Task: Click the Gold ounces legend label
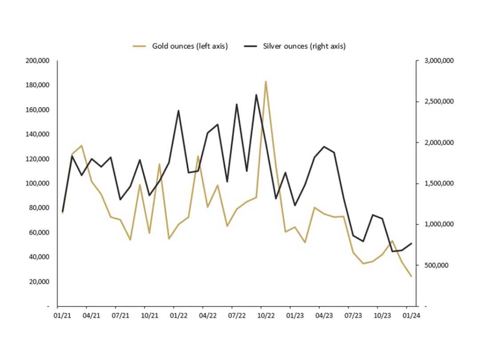(190, 46)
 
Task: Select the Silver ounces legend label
(304, 46)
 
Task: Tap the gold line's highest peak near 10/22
(266, 82)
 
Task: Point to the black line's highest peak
(256, 95)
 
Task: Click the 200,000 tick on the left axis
(37, 60)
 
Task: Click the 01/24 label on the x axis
(411, 316)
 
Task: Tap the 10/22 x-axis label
(266, 316)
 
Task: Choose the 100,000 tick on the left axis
(37, 183)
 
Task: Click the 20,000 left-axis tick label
(39, 281)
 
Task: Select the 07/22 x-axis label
(236, 316)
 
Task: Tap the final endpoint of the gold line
(412, 276)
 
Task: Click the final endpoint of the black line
(412, 243)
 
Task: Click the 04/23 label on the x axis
(324, 316)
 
